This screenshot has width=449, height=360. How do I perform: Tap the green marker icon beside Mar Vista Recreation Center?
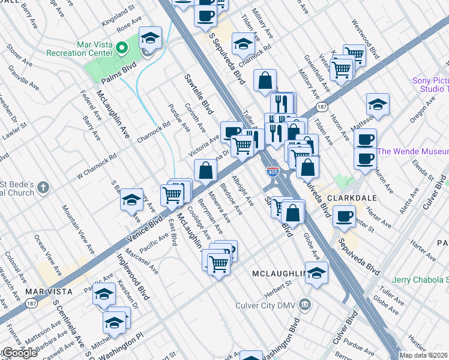tap(122, 47)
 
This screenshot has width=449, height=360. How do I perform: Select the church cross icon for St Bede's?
tap(42, 188)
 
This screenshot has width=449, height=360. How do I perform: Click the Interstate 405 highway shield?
tap(273, 172)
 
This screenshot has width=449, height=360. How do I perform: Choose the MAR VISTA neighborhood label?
tap(49, 292)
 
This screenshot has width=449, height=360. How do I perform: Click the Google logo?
tap(19, 353)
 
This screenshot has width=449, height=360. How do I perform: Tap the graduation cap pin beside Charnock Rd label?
tap(243, 44)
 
